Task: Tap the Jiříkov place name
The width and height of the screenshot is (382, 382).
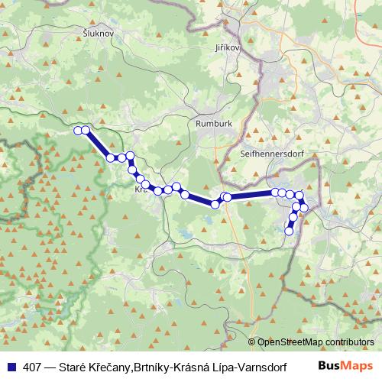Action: click(x=228, y=47)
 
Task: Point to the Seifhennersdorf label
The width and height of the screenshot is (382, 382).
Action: click(x=271, y=152)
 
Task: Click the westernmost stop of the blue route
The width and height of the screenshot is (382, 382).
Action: click(x=77, y=131)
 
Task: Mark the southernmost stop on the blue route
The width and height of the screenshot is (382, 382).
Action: click(x=289, y=231)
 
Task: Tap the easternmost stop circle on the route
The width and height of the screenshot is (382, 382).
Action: click(x=304, y=208)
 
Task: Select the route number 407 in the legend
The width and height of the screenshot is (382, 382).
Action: click(x=34, y=366)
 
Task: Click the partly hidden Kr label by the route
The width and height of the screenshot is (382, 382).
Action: click(x=139, y=189)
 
